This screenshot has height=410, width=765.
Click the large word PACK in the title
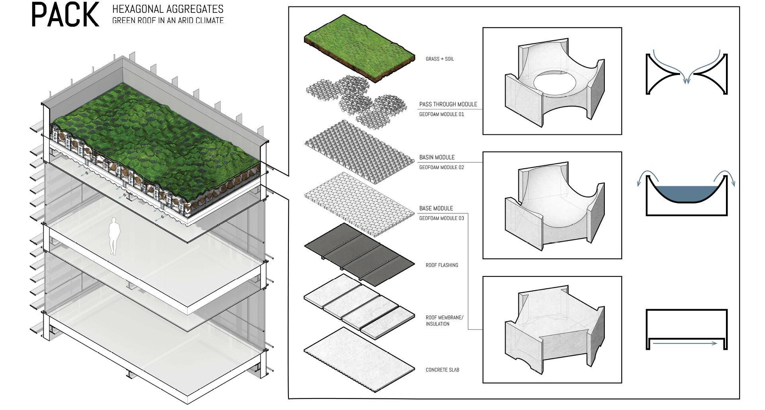pos(65,15)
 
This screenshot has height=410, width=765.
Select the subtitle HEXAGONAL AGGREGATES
pos(168,9)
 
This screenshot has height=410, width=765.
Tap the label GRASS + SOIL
pos(439,59)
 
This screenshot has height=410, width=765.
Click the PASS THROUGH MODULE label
pos(448,104)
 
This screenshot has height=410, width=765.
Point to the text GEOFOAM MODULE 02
pos(441,168)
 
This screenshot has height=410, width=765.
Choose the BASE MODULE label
pos(436,209)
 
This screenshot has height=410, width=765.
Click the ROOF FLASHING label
pos(441,265)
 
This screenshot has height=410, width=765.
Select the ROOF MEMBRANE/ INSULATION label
pos(444,321)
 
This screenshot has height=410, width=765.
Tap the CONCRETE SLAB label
pos(442,370)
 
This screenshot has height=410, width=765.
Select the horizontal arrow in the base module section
pos(685,343)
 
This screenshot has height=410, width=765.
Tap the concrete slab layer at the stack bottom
pos(359,359)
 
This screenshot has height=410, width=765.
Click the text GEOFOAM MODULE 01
pos(441,114)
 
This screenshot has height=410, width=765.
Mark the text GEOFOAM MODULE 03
pos(441,219)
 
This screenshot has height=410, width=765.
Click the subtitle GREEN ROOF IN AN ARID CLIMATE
pos(168,20)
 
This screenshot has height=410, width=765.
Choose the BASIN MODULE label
pos(437,158)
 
